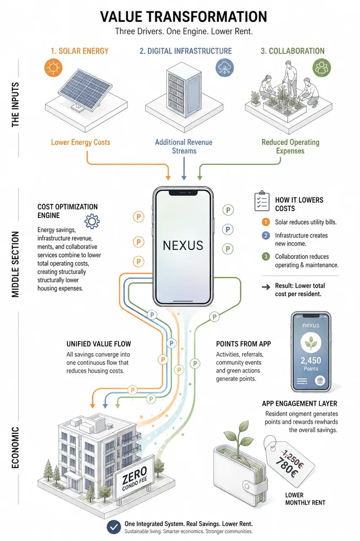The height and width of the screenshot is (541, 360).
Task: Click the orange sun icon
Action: point(53,68)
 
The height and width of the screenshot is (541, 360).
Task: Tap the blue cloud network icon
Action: point(225,68)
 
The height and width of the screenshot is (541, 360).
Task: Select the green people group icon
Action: point(322,68)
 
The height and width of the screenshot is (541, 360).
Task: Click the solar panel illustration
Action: point(85,90)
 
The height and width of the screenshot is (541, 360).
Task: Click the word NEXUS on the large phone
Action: point(183,246)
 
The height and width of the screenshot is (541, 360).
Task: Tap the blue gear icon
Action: point(92,221)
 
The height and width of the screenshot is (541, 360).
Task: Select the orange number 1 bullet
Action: point(266,222)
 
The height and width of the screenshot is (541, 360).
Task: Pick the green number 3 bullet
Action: point(266,257)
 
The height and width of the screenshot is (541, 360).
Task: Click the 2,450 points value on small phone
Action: point(311,361)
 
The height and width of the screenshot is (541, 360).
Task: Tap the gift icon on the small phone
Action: point(320,381)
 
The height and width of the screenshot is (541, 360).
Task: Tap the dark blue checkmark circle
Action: point(114,527)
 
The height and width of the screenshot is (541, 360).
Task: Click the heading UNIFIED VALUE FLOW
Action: point(99,344)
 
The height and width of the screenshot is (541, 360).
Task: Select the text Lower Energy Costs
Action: point(80,142)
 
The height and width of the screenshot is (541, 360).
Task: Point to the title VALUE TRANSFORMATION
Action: point(184,16)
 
